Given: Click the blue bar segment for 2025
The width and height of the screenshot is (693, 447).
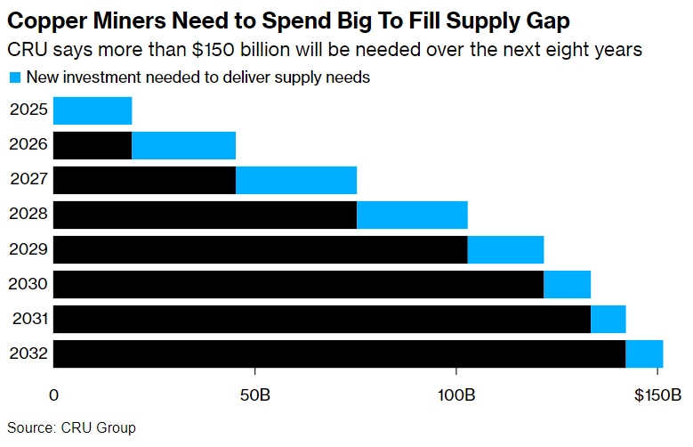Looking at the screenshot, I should click(93, 110).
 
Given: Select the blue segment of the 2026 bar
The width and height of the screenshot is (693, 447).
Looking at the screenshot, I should click(183, 145).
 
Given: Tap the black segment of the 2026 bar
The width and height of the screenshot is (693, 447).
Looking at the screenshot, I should click(93, 145).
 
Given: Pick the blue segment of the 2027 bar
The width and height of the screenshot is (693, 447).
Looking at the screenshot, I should click(296, 180).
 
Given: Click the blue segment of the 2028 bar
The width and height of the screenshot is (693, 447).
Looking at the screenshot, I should click(412, 215).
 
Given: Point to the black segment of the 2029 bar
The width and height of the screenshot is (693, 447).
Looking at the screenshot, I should click(260, 249).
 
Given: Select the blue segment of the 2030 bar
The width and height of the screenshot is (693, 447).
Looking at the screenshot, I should click(567, 284).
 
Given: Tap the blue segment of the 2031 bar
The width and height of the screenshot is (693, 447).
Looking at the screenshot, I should click(608, 319).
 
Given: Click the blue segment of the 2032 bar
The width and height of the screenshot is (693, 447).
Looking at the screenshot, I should click(644, 354).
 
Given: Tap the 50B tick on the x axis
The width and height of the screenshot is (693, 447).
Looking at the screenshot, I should click(255, 394).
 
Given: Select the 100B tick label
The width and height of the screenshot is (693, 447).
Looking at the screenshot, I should click(456, 394).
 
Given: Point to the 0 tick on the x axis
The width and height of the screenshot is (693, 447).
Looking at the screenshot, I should click(54, 394).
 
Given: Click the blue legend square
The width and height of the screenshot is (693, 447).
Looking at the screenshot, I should click(13, 77).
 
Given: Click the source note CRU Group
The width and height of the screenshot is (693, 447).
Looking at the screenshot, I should click(99, 428).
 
